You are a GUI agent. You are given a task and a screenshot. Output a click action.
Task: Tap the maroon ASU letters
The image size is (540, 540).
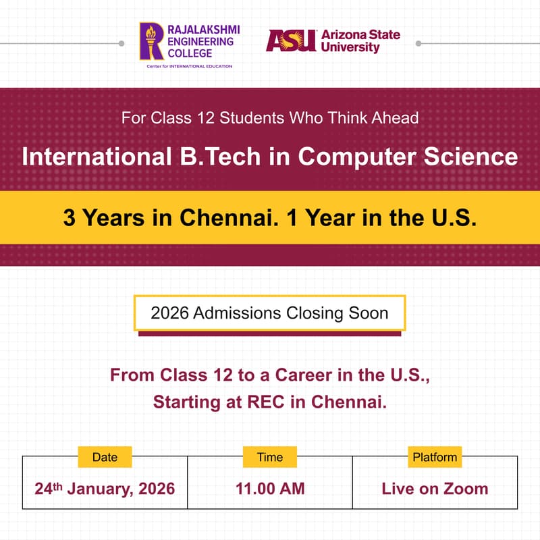pyautogui.click(x=291, y=40)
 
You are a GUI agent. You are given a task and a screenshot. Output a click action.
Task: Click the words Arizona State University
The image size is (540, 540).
pyautogui.click(x=360, y=41)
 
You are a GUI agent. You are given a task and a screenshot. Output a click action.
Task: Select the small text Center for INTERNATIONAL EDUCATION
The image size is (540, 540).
pyautogui.click(x=189, y=66)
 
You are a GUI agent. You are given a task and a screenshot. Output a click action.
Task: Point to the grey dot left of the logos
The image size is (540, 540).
pyautogui.click(x=122, y=43)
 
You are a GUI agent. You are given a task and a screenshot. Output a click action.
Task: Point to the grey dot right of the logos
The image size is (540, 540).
pyautogui.click(x=418, y=43)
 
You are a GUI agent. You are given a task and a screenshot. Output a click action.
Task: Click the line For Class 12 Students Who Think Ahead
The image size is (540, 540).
pyautogui.click(x=270, y=117)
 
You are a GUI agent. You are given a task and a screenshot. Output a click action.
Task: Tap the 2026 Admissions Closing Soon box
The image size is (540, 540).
pyautogui.click(x=269, y=313)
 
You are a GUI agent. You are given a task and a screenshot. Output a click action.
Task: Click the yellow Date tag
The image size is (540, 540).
pyautogui.click(x=105, y=457)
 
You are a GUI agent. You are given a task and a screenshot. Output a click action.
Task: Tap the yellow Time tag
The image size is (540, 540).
pyautogui.click(x=269, y=457)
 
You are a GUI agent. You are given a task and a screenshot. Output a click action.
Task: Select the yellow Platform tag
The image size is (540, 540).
pyautogui.click(x=435, y=457)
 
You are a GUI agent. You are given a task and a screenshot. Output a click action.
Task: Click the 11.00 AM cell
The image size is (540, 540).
pyautogui.click(x=269, y=488)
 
